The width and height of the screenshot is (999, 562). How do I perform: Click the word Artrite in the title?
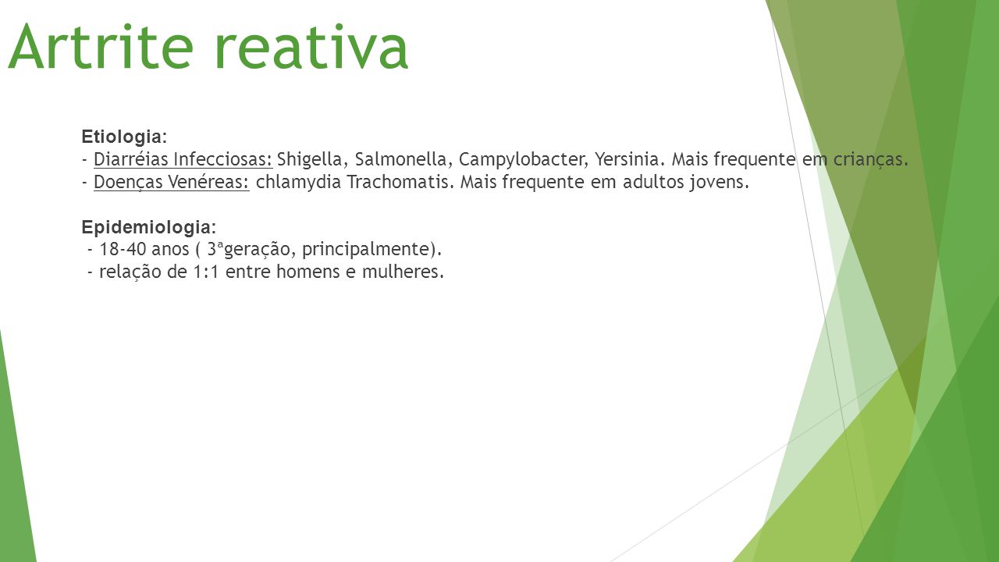(101, 46)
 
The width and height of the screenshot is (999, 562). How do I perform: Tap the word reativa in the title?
(311, 46)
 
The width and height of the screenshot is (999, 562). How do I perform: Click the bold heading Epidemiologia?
(148, 227)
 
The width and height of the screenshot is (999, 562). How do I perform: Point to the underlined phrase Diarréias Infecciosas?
(183, 159)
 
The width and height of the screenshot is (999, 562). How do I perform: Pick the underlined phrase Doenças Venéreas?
(171, 182)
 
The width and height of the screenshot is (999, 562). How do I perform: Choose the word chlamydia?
(298, 183)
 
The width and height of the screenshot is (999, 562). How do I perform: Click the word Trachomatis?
(400, 182)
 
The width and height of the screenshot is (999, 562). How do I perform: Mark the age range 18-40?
(123, 249)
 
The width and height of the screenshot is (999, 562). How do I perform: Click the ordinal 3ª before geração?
(215, 248)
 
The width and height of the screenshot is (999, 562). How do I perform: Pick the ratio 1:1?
(205, 272)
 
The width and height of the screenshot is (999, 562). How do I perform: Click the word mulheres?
(403, 271)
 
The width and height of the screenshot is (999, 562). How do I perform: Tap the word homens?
(308, 271)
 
